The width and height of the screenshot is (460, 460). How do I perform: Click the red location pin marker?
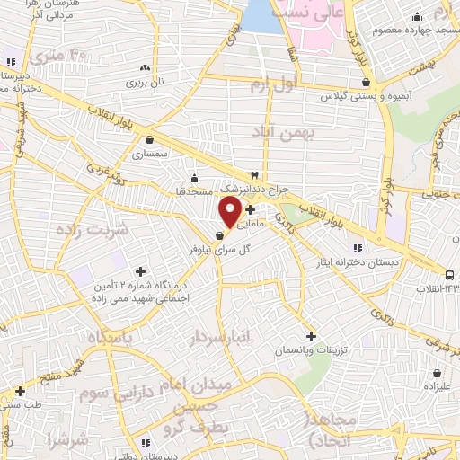[x=230, y=212]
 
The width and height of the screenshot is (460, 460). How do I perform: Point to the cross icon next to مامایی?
[x=250, y=209]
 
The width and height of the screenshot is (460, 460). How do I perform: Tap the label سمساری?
[x=150, y=155]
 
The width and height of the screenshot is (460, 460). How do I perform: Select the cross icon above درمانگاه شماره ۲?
[x=140, y=270]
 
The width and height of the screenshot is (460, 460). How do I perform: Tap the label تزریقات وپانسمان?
[x=311, y=349]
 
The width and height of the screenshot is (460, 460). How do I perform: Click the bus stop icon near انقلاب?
[x=449, y=274]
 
